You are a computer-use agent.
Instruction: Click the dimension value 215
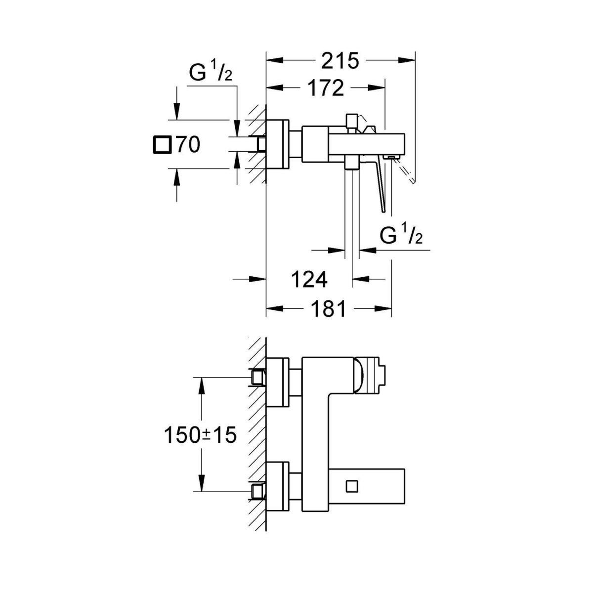[339, 61]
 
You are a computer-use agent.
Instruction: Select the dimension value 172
[325, 88]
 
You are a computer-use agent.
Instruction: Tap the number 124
[308, 280]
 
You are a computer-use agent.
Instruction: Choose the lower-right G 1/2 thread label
[401, 236]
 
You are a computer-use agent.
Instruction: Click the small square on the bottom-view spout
[352, 486]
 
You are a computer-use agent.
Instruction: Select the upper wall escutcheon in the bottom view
[277, 382]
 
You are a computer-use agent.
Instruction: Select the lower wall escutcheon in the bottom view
[277, 487]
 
